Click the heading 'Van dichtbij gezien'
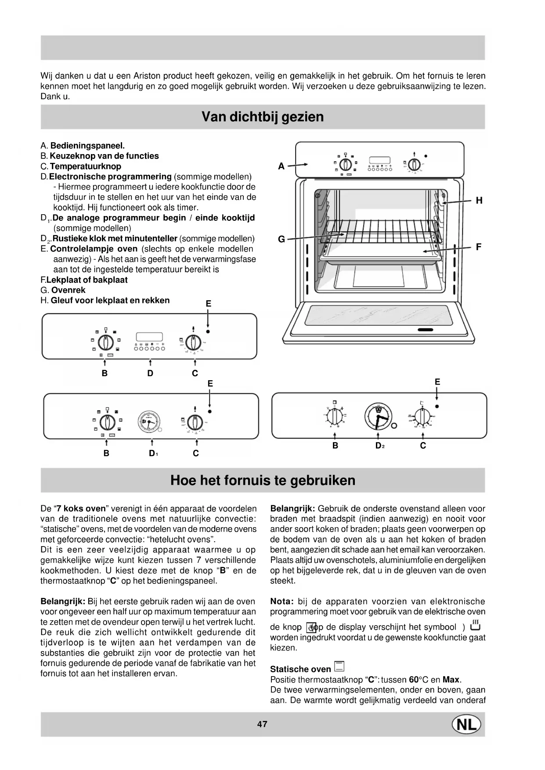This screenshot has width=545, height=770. [263, 117]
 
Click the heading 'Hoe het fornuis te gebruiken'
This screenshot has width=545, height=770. [263, 480]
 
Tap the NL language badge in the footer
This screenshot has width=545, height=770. [466, 725]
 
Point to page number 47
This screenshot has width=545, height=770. [262, 724]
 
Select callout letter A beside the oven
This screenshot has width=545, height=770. [282, 166]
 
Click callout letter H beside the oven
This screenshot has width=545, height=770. [479, 201]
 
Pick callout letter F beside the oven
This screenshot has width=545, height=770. [479, 247]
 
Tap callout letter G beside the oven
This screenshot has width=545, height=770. [282, 239]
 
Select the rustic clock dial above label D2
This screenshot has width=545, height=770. [378, 416]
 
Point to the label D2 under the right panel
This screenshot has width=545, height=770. [379, 446]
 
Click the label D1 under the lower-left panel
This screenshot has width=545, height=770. [153, 453]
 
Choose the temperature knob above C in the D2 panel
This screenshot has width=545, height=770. [422, 415]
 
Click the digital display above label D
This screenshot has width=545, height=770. [150, 337]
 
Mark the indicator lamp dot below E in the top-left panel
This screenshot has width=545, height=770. [208, 331]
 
